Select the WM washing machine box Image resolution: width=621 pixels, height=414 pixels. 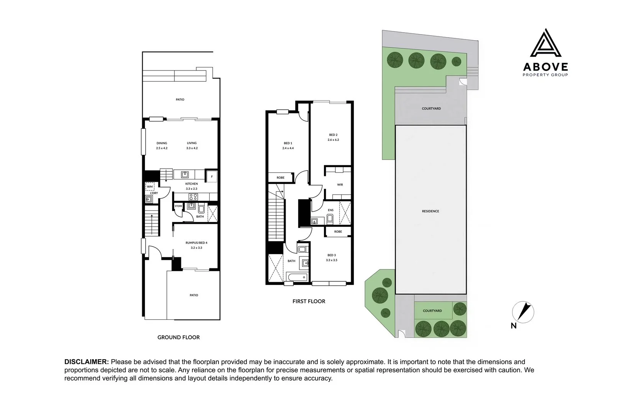point(150,186)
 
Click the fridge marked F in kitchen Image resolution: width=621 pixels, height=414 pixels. point(212,177)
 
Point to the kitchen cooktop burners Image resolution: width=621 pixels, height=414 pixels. point(193,197)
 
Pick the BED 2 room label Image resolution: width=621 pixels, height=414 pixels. point(333,135)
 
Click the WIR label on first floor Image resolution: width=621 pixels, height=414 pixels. point(340,185)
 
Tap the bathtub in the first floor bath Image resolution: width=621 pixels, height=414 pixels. point(297,277)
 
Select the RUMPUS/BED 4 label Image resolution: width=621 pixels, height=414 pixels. point(196,243)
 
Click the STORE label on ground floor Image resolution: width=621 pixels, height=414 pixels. point(178,206)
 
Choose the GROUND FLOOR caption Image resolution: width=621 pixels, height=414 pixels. point(179,337)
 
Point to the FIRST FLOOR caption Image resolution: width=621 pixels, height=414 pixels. point(309,301)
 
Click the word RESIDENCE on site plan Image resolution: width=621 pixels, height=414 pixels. point(430,211)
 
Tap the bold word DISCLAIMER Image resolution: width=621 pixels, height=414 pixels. point(87,362)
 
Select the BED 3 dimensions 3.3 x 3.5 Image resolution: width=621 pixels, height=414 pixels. point(332,260)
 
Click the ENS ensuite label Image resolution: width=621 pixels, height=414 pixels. point(330,210)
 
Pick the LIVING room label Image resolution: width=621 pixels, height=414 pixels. point(192,143)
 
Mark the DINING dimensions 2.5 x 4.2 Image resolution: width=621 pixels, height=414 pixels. point(162,148)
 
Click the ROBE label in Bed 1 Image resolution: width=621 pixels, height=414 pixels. point(280,178)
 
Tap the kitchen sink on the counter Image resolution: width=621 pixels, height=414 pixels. point(185,174)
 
